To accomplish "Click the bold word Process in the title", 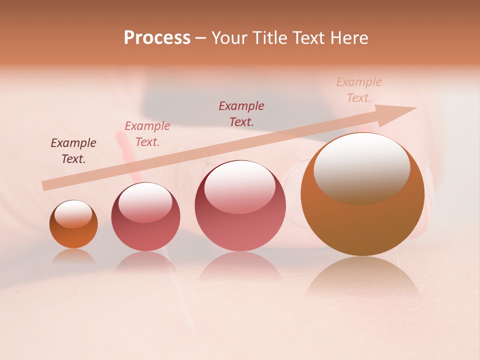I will (157, 38).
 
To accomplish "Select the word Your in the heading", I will (230, 38).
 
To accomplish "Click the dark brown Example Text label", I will (73, 151).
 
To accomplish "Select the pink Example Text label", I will (147, 134).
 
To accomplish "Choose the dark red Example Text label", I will (241, 113).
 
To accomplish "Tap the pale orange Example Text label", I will (359, 90).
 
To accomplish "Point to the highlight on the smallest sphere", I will (73, 214).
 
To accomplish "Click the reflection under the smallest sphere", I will (73, 256).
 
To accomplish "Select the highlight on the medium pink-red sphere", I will (240, 187).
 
